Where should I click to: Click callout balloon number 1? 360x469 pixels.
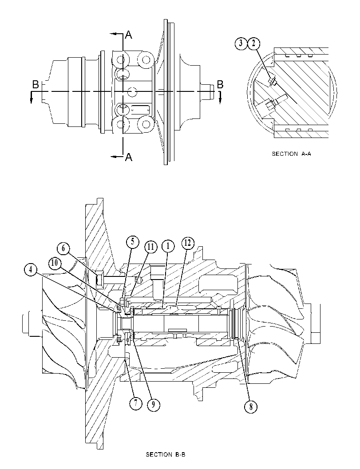coord(168,246)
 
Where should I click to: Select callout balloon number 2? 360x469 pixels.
coord(254,43)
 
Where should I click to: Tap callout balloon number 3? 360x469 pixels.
coord(241,43)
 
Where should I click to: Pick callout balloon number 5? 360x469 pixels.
coord(133,242)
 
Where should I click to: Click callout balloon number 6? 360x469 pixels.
coord(63,248)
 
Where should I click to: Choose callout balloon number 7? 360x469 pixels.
coord(135,403)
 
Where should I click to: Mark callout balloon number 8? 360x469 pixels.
coord(251,406)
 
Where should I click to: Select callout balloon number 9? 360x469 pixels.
coord(154,404)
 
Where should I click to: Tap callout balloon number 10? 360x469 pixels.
coord(55,263)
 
